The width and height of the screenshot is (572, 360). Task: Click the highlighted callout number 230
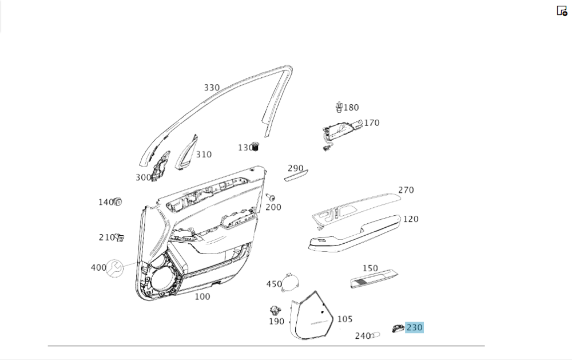[x=414, y=328]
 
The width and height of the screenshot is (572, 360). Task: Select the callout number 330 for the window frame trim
[x=212, y=88]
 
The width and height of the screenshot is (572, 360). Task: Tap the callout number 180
[x=351, y=108]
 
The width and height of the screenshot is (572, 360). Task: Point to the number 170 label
[x=371, y=122]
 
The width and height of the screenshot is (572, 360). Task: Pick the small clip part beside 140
[x=119, y=201]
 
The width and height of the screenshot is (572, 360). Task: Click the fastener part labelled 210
[x=120, y=237]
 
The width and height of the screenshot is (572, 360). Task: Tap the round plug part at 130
[x=256, y=147]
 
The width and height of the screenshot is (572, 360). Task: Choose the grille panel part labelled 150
[x=373, y=280]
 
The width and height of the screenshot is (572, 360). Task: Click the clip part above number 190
[x=276, y=311]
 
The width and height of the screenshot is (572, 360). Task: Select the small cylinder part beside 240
[x=376, y=335]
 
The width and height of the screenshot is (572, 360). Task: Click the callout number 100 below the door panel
[x=202, y=296]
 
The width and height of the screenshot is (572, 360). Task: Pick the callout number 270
[x=406, y=190]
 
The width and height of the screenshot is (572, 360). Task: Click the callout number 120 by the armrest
[x=410, y=219]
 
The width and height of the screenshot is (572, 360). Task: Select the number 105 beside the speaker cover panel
[x=345, y=319]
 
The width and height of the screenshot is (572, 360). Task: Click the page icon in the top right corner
[x=562, y=10]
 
